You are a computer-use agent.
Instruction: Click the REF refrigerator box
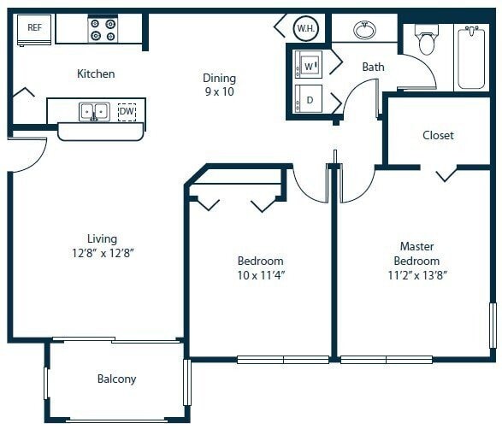[x=34, y=29]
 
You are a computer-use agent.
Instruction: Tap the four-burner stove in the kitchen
[x=103, y=30]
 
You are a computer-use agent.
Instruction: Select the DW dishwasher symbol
[x=126, y=111]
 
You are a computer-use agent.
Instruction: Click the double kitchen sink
[x=94, y=111]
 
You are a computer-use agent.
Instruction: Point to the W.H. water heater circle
[x=305, y=28]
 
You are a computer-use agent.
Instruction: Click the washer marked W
[x=309, y=65]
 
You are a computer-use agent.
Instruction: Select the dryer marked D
[x=309, y=98]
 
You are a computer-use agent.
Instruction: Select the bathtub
[x=471, y=56]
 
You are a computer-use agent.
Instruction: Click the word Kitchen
[x=96, y=74]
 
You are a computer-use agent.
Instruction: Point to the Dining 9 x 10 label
[x=219, y=85]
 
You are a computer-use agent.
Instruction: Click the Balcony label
[x=116, y=379]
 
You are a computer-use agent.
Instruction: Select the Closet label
[x=438, y=135]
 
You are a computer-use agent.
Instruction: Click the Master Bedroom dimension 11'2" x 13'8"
[x=416, y=275]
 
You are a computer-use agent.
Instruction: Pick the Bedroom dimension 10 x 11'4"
[x=260, y=275]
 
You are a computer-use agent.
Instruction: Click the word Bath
[x=373, y=67]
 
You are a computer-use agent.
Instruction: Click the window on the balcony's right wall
[x=186, y=382]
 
